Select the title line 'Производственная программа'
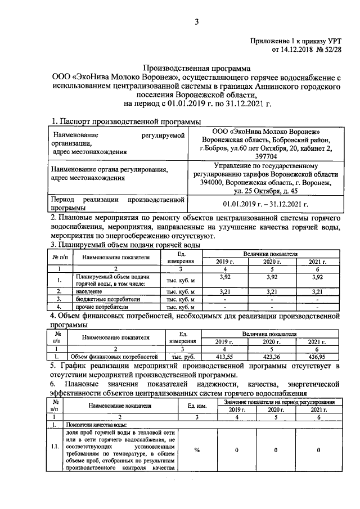tap(193, 67)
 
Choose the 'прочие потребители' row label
tap(96, 307)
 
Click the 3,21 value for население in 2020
tap(272, 291)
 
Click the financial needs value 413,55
tap(226, 357)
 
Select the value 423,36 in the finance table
tap(272, 357)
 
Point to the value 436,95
tap(318, 357)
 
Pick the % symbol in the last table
tap(197, 450)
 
